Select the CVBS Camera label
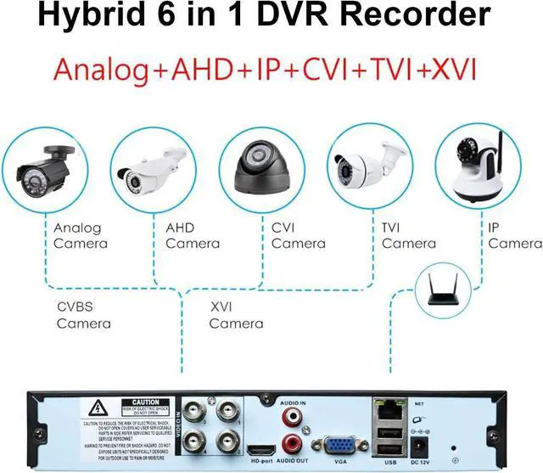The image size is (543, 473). coord(83,315)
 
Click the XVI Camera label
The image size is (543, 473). coord(236,315)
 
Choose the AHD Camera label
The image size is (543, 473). coord(193,236)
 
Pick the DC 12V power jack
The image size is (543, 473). coord(418,447)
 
